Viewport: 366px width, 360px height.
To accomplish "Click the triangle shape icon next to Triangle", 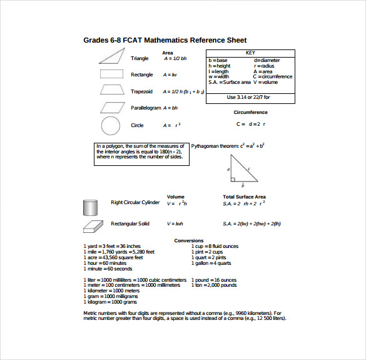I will pos(111,57).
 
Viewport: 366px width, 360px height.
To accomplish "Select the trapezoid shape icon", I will pos(110,90).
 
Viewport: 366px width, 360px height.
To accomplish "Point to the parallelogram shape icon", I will pos(111,107).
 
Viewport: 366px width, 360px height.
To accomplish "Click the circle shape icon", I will pos(110,125).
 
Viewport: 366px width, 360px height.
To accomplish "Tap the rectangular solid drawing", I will pos(92,225).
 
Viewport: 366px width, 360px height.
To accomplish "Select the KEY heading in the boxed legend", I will pos(250,53).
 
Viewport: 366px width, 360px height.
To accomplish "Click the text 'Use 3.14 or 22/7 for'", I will pos(250,97).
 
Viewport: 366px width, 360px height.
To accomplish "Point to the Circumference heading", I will pos(250,113).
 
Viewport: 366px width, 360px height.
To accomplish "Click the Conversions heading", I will pos(188,240).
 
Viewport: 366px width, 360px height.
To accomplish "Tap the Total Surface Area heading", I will pos(244,197).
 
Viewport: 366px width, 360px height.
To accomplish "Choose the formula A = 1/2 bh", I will pos(175,58).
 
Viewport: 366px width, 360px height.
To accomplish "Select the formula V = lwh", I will pos(175,224).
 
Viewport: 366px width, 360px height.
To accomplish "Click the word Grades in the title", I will pos(98,40).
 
